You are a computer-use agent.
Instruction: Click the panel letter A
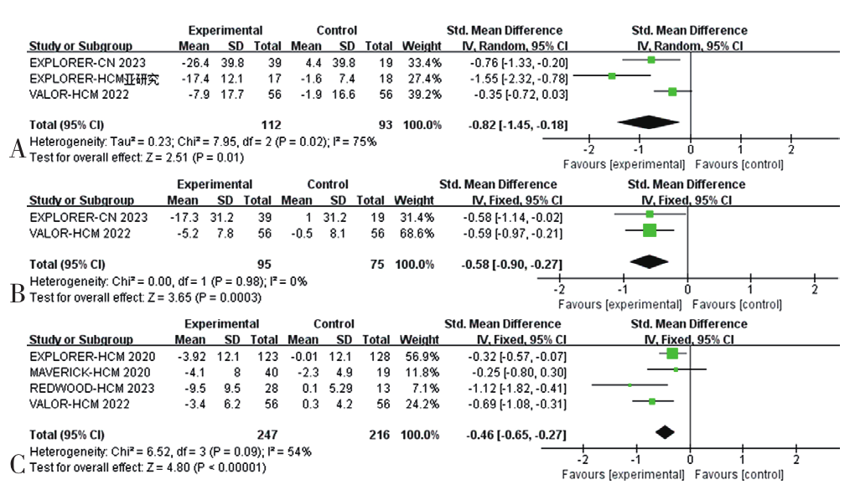16,150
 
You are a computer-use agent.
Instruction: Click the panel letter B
16,293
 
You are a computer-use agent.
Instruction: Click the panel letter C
16,461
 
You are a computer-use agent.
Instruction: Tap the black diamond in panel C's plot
665,433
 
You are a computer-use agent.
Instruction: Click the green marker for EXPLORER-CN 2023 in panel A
651,60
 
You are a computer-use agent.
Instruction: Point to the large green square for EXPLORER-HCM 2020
672,354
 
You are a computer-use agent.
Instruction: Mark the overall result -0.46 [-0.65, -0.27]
513,434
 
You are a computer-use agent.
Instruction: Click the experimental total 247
262,434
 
